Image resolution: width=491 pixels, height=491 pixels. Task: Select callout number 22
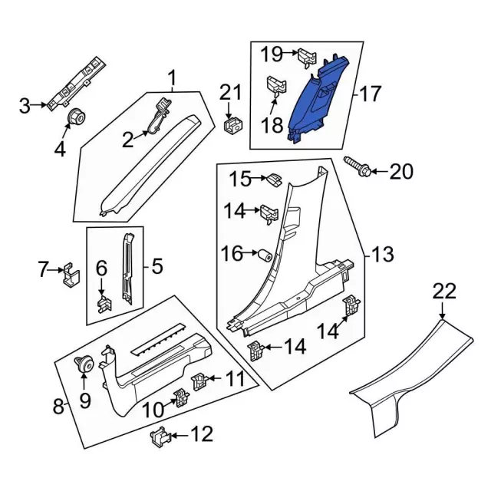[x=444, y=292]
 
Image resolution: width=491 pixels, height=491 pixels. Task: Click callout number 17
[x=370, y=94]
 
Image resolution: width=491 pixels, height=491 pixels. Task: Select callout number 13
[x=381, y=254]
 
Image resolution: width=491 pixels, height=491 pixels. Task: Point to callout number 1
[x=172, y=77]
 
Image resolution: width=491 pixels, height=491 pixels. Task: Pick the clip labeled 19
[x=306, y=55]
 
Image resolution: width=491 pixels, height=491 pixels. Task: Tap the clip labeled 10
[x=182, y=397]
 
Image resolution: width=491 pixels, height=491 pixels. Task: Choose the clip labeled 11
[x=199, y=379]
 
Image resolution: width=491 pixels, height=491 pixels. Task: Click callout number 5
[x=157, y=267]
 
